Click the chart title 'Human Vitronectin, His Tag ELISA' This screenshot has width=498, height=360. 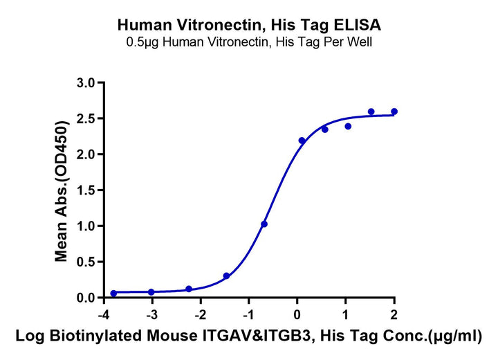(x=249, y=26)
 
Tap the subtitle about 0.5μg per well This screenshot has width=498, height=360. (x=249, y=42)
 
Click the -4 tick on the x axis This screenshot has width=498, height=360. (x=102, y=316)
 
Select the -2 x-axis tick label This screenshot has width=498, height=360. (x=199, y=316)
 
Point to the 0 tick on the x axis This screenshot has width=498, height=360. (x=297, y=316)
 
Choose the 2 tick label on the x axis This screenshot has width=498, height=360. (x=394, y=316)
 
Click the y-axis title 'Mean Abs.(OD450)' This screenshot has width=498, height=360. (x=62, y=190)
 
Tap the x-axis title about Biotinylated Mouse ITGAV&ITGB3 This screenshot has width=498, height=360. (x=249, y=337)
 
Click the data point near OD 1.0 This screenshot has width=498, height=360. (x=264, y=224)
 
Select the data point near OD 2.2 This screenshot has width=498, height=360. (x=302, y=141)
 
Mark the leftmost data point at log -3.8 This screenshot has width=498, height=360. (x=113, y=294)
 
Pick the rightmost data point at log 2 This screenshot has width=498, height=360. (x=394, y=111)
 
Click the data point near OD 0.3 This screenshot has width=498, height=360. (x=226, y=276)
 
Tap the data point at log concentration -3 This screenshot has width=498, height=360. (x=151, y=292)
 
